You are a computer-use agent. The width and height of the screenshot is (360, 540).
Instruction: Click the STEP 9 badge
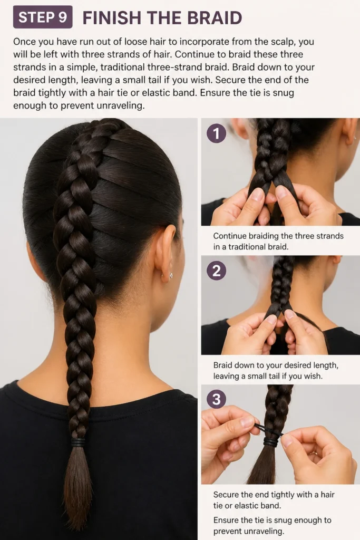click(x=43, y=17)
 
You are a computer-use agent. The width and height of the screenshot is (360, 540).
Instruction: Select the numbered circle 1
click(x=216, y=133)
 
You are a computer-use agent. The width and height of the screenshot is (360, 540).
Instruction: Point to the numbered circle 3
click(x=216, y=399)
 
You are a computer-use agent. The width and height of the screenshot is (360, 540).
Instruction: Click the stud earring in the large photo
click(x=171, y=275)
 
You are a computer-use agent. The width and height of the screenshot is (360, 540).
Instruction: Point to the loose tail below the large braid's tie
click(x=78, y=486)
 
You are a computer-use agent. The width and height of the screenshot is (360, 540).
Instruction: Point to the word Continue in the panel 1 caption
click(x=230, y=236)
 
